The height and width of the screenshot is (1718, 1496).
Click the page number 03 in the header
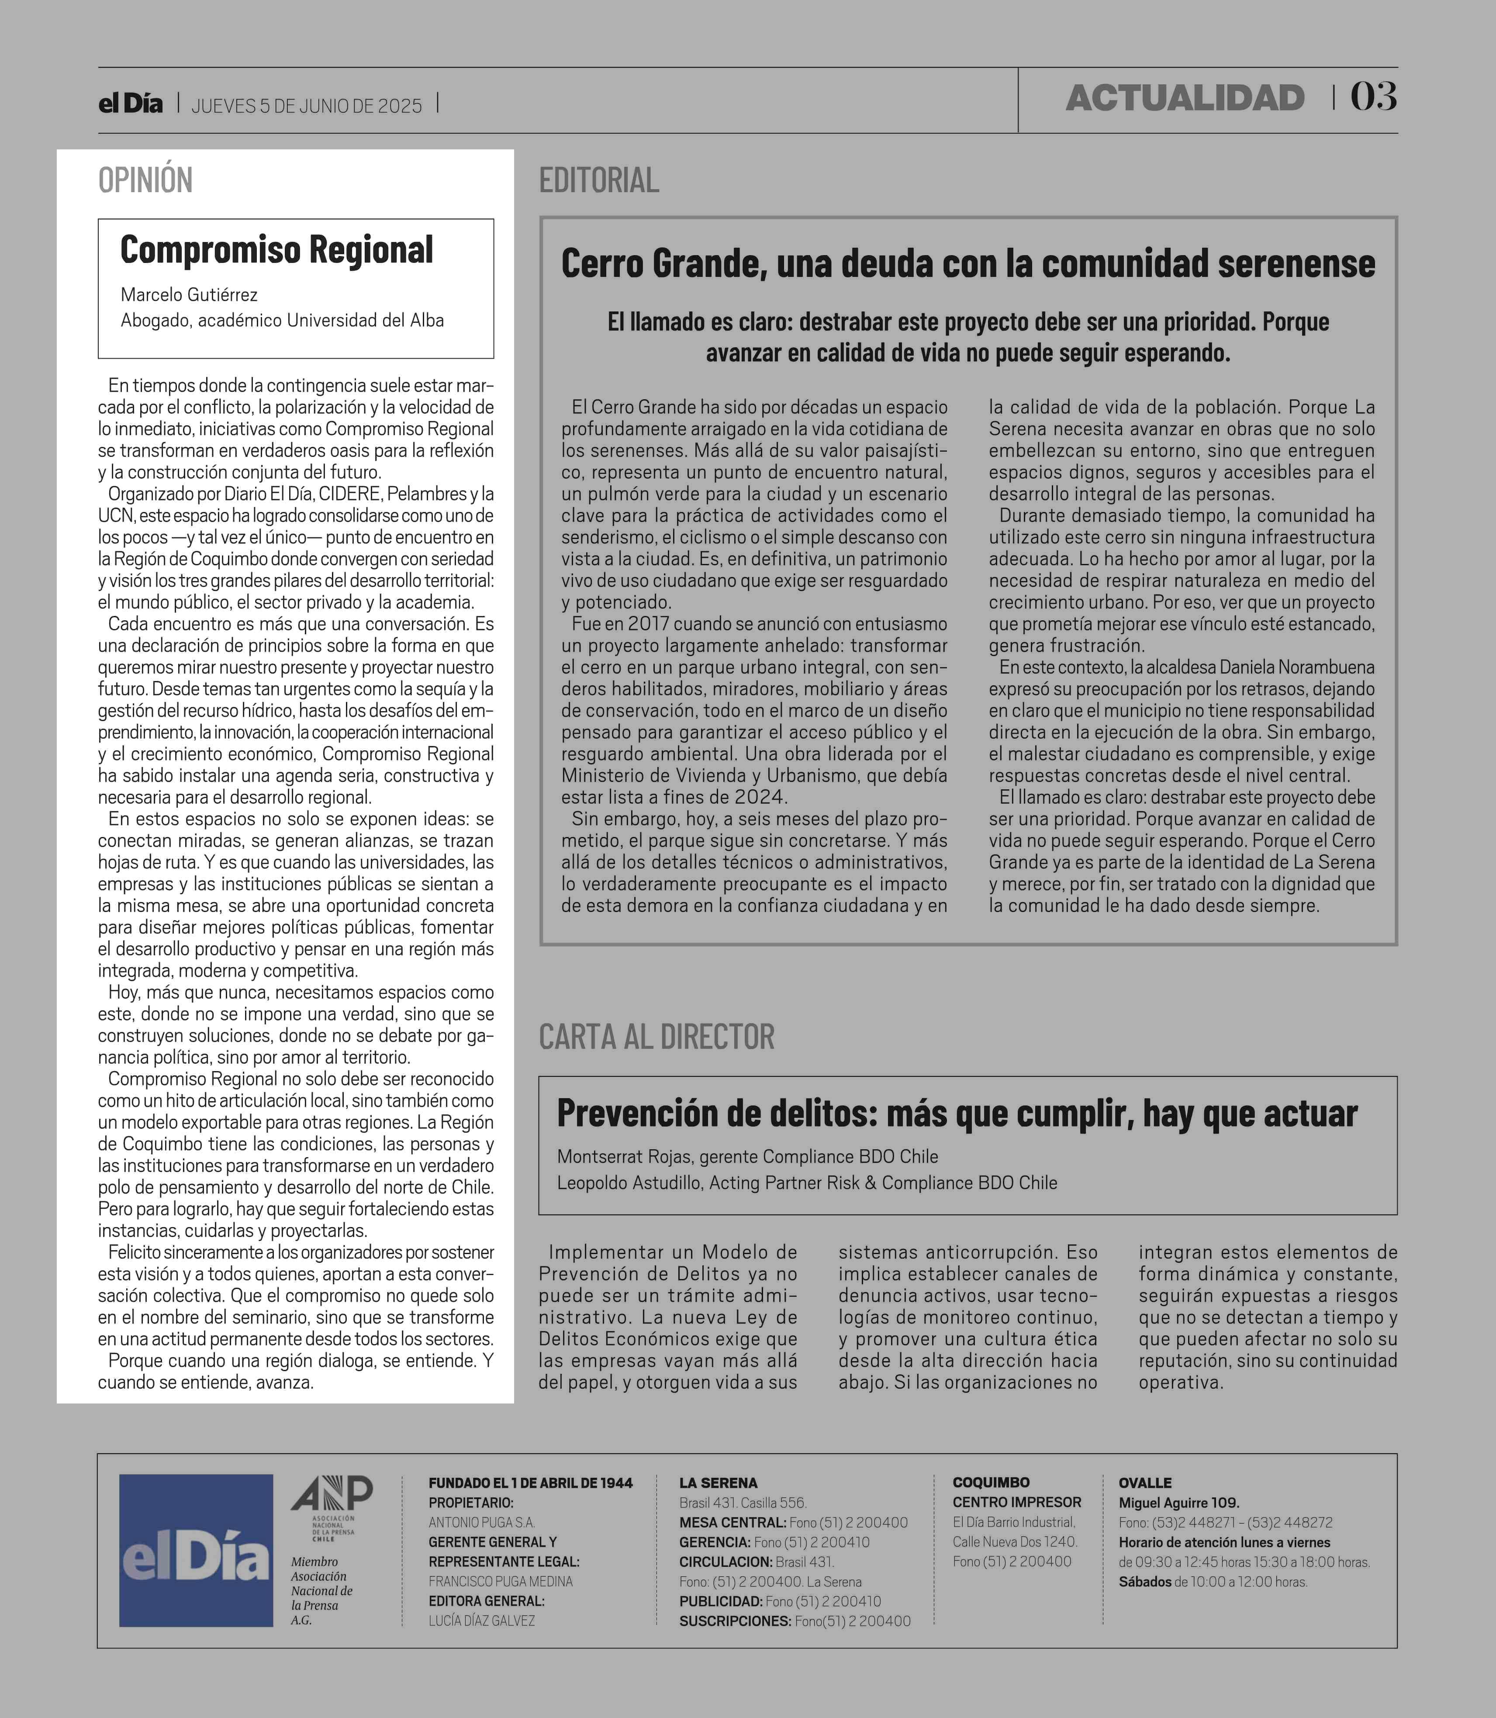pos(1373,97)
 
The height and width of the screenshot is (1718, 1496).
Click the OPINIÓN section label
pos(145,180)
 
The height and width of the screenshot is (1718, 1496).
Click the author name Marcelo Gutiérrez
pos(189,295)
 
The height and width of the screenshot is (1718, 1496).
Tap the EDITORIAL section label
pos(598,180)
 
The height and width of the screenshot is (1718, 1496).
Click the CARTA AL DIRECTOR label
pos(656,1037)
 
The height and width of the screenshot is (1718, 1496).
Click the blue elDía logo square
pos(196,1550)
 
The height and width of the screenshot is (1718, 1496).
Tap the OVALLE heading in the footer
pos(1144,1483)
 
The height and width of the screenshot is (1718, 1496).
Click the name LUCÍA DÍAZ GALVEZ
pos(482,1620)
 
